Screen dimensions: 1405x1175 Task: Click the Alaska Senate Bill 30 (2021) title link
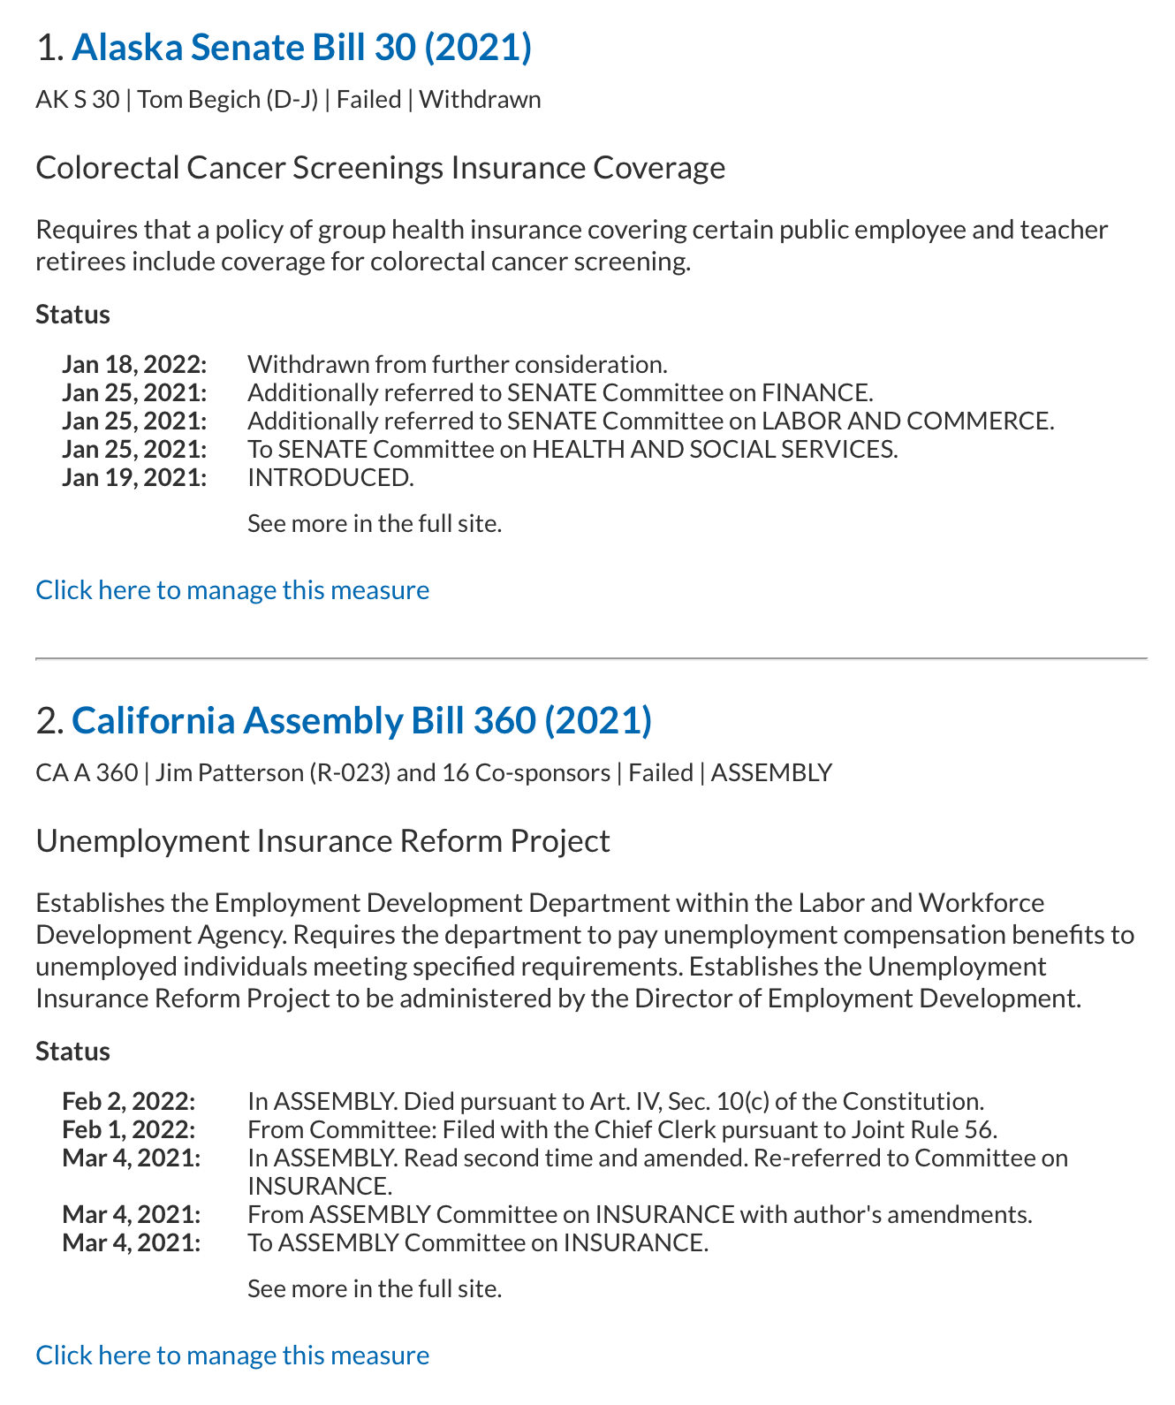pos(301,48)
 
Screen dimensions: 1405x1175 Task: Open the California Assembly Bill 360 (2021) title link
pos(361,721)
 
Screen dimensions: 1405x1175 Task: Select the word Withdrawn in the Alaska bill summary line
pos(480,99)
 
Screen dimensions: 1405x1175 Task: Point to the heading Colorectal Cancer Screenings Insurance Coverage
pos(380,167)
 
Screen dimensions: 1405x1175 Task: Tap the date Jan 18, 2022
pos(134,364)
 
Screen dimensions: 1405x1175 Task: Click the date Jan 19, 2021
pos(134,477)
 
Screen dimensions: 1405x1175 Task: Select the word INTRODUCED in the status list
pos(330,477)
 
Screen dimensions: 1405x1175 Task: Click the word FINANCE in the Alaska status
pos(816,392)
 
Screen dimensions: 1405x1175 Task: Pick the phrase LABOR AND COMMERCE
pos(906,421)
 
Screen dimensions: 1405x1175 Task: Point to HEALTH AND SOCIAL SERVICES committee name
pos(714,449)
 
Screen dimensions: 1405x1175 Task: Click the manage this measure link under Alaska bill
pos(232,589)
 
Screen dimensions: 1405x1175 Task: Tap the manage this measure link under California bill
pos(232,1355)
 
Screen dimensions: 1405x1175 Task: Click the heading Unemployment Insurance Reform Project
pos(322,840)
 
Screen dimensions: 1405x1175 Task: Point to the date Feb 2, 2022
pos(129,1101)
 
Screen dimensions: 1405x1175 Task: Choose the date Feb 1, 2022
pos(129,1129)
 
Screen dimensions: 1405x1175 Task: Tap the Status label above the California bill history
pos(72,1051)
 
